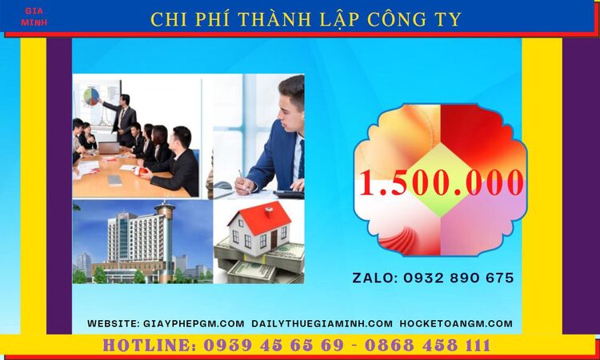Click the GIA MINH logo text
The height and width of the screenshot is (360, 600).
point(35,17)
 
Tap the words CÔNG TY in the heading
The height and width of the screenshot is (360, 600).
point(415,19)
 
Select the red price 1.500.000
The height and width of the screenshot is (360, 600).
point(441,183)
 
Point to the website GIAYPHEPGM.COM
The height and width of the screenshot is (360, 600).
point(194,323)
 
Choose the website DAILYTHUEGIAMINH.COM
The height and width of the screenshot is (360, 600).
point(322,323)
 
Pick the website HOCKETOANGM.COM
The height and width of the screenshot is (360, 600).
point(455,323)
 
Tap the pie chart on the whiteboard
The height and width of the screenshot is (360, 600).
point(92,97)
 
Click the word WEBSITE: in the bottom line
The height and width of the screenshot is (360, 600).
point(114,323)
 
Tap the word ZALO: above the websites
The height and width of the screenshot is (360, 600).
point(374,278)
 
